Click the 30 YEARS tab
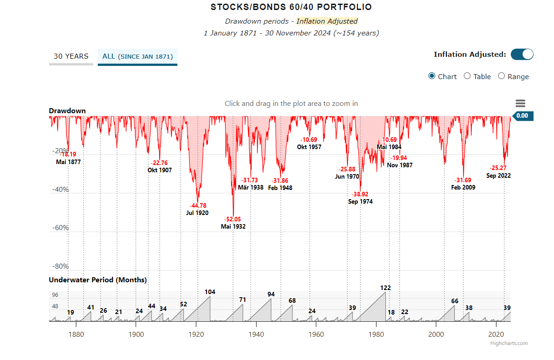pyautogui.click(x=71, y=56)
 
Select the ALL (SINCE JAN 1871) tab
pyautogui.click(x=137, y=56)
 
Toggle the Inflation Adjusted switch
pyautogui.click(x=522, y=55)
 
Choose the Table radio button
pyautogui.click(x=467, y=76)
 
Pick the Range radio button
pyautogui.click(x=501, y=76)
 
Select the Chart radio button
pyautogui.click(x=432, y=76)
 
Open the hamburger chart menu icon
pyautogui.click(x=520, y=104)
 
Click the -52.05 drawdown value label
pyautogui.click(x=233, y=219)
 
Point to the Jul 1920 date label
pyautogui.click(x=197, y=213)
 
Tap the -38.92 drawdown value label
pyautogui.click(x=360, y=194)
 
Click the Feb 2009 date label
pyautogui.click(x=463, y=187)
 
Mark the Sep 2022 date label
pyautogui.click(x=499, y=175)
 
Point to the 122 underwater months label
pyautogui.click(x=385, y=288)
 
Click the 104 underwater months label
pyautogui.click(x=210, y=292)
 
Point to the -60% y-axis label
pyautogui.click(x=60, y=228)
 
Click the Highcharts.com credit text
pyautogui.click(x=509, y=343)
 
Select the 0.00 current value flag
pyautogui.click(x=522, y=116)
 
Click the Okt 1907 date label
pyautogui.click(x=160, y=170)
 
